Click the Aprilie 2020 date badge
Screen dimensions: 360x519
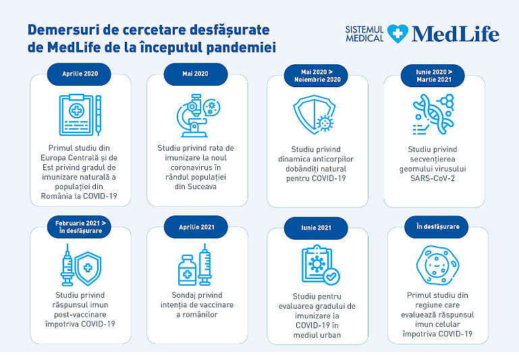(x=80, y=73)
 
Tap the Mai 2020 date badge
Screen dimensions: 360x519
(x=195, y=73)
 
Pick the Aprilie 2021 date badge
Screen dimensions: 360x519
(x=195, y=228)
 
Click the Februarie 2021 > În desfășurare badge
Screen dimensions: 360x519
(x=80, y=226)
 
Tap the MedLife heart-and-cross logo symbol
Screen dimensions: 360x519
(x=398, y=34)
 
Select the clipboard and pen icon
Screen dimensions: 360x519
(x=80, y=113)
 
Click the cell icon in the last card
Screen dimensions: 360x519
(x=434, y=265)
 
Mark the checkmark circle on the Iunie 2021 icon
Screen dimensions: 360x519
(x=331, y=276)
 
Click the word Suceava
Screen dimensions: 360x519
(x=196, y=186)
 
